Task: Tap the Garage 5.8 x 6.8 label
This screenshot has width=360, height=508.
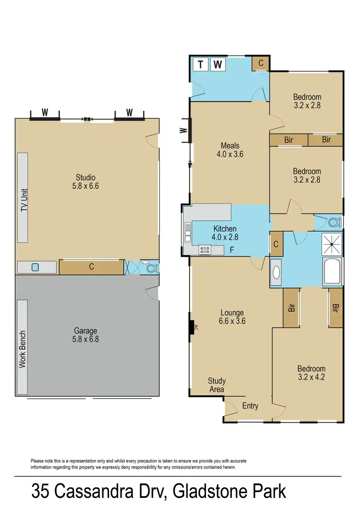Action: [x=85, y=335]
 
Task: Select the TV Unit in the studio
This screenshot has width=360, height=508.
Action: [x=23, y=198]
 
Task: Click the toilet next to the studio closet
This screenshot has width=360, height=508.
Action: [x=151, y=268]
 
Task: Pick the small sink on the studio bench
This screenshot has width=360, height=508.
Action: [x=35, y=268]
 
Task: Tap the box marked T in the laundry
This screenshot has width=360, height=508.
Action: [x=200, y=64]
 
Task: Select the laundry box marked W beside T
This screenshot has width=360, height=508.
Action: [x=217, y=64]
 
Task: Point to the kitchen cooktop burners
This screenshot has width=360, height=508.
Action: [x=205, y=249]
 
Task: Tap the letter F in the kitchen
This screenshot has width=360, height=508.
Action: [x=232, y=250]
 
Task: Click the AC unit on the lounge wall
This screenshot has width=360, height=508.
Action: [x=192, y=329]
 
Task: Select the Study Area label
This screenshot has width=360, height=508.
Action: [x=216, y=385]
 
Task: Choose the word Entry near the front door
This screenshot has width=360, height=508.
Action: [x=250, y=406]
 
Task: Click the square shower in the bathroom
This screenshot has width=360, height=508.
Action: [x=331, y=244]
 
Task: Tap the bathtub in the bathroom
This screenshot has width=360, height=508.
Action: [x=332, y=272]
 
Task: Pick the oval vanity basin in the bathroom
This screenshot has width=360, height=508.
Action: [x=276, y=272]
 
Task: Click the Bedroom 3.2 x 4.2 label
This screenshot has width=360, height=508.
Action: [x=311, y=373]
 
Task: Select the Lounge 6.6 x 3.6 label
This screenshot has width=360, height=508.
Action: [x=232, y=317]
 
